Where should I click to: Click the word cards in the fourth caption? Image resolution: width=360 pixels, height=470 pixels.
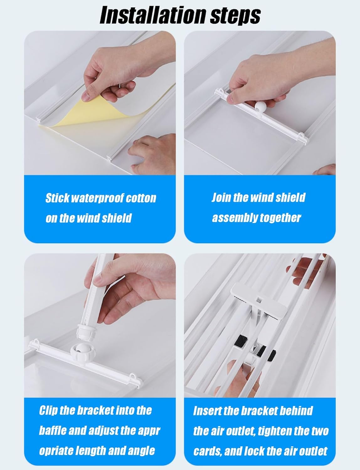[x=208, y=451]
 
